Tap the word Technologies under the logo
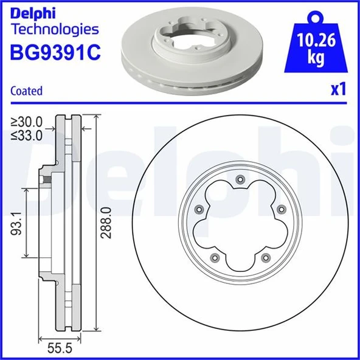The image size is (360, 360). click(x=55, y=29)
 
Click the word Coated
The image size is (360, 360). click(x=27, y=91)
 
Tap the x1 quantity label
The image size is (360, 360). click(x=338, y=90)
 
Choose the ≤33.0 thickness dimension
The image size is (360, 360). click(x=27, y=136)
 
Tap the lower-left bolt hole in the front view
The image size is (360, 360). click(x=213, y=258)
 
